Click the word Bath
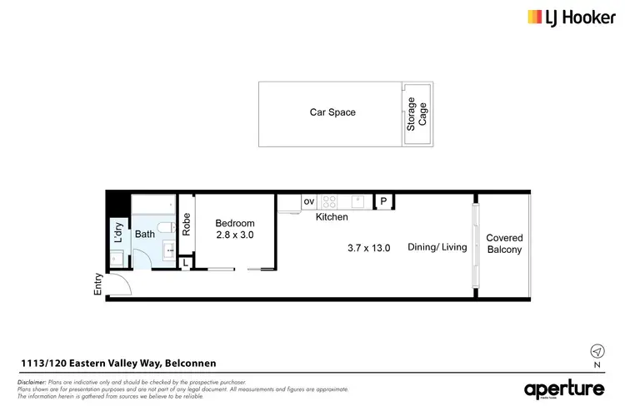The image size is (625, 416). coord(145,235)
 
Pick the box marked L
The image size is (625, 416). coord(186,263)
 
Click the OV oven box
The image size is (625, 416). coord(308,201)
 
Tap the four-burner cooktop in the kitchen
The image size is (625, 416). coord(329,201)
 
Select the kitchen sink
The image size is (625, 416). coord(358,201)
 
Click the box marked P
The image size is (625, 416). coord(383,201)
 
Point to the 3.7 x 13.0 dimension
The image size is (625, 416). coord(369,247)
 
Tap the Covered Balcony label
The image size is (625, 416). coord(504,244)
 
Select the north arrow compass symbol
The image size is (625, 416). coord(596,350)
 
